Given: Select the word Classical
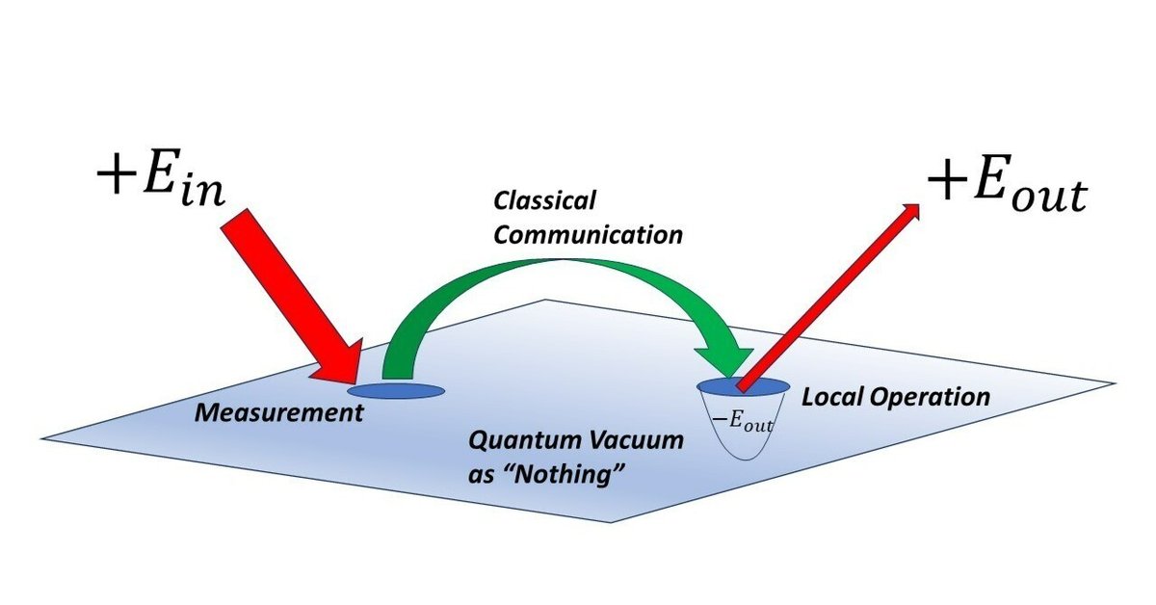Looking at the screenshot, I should coord(546,201).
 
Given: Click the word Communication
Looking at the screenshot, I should coord(587,233).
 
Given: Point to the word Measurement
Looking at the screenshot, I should coord(279,414).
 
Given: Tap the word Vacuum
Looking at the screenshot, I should coord(636,443).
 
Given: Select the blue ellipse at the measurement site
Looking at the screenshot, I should coord(396,391).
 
